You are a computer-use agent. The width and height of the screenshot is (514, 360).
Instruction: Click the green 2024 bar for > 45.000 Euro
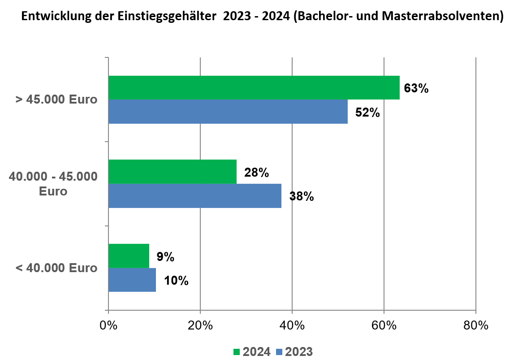pyautogui.click(x=254, y=87)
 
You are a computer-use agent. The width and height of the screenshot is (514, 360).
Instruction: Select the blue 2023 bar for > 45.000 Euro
pyautogui.click(x=228, y=111)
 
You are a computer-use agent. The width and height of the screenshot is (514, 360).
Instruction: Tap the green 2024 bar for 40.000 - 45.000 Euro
pyautogui.click(x=173, y=171)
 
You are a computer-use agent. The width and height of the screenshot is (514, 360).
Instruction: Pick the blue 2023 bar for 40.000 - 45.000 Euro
pyautogui.click(x=195, y=195)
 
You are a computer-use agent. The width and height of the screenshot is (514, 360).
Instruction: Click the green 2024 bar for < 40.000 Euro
pyautogui.click(x=129, y=256)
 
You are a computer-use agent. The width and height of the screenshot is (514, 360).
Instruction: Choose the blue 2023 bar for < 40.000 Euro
pyautogui.click(x=132, y=280)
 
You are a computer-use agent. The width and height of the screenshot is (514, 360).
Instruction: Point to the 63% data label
pyautogui.click(x=416, y=88)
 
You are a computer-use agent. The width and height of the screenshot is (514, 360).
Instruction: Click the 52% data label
pyautogui.click(x=367, y=113)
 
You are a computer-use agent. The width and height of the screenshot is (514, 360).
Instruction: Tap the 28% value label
pyautogui.click(x=256, y=173)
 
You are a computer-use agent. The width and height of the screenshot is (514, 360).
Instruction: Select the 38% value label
pyautogui.click(x=302, y=196)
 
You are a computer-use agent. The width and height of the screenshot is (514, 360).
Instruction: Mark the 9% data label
pyautogui.click(x=165, y=257)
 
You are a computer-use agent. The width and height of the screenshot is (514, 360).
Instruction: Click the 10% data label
pyautogui.click(x=176, y=281)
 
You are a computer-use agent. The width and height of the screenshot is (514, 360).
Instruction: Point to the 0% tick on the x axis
pyautogui.click(x=108, y=326)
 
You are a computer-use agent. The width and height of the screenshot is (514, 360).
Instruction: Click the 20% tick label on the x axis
pyautogui.click(x=200, y=326)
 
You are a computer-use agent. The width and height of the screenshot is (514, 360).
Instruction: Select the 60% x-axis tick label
pyautogui.click(x=384, y=326)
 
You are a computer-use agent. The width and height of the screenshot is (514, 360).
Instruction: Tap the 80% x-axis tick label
pyautogui.click(x=475, y=326)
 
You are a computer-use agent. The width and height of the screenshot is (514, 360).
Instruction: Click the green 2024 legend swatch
pyautogui.click(x=237, y=352)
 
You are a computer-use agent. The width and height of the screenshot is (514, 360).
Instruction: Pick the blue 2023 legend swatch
pyautogui.click(x=279, y=352)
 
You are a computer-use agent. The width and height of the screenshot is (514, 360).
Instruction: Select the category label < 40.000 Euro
pyautogui.click(x=56, y=268)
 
